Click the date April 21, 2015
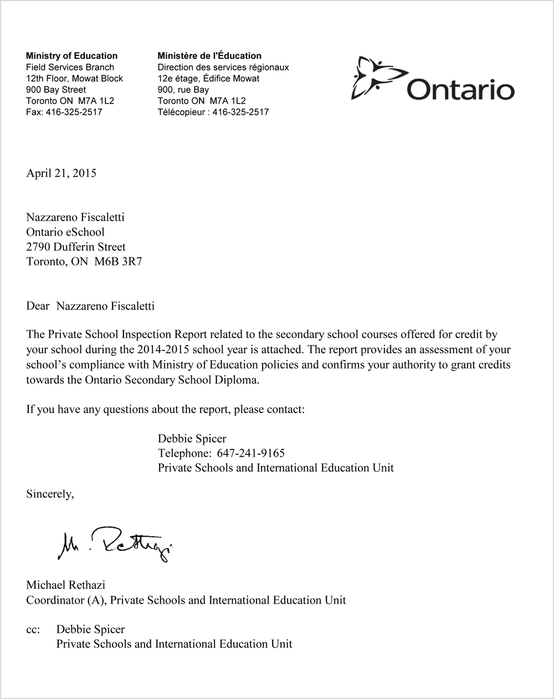(61, 173)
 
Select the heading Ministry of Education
(71, 55)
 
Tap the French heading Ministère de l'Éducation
(209, 55)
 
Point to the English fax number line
(64, 112)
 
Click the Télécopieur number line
(213, 112)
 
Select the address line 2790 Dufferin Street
(76, 247)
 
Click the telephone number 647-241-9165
(250, 453)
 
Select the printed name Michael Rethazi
(65, 585)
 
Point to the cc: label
(34, 629)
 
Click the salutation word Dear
(38, 306)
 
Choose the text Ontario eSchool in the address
(65, 232)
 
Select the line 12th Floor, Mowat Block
(74, 78)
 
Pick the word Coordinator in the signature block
(53, 600)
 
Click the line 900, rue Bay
(183, 89)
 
